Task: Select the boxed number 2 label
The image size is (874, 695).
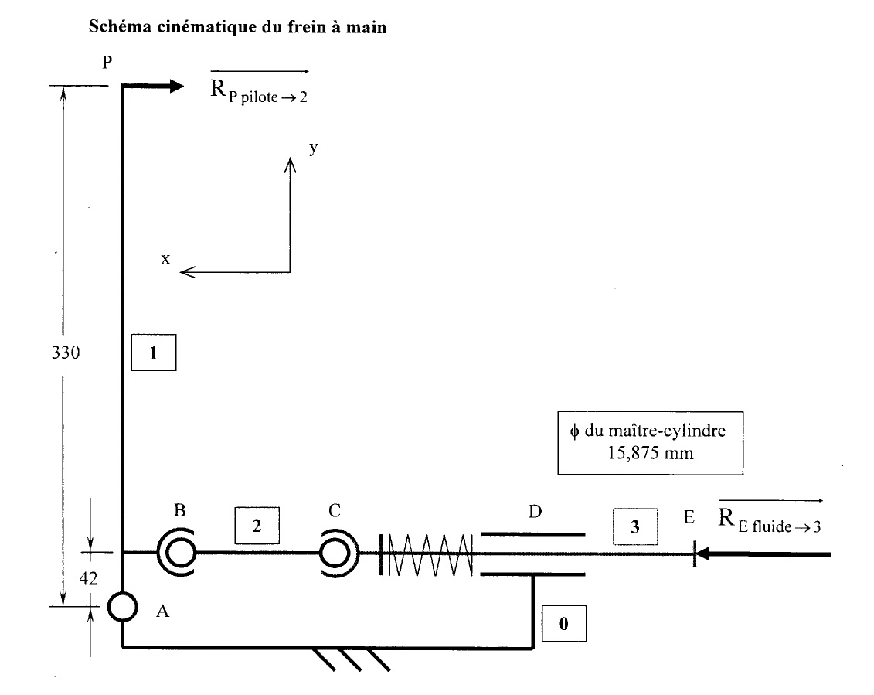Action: (x=256, y=525)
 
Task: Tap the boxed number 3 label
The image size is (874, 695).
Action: (x=634, y=527)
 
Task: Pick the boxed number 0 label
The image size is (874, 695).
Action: (x=563, y=624)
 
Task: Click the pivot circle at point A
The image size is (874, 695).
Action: (x=122, y=606)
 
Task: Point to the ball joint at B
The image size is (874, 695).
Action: (x=179, y=552)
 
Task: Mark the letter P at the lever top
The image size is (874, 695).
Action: (x=107, y=63)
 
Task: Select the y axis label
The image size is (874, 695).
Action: (x=313, y=148)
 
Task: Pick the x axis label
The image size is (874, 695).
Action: (x=165, y=259)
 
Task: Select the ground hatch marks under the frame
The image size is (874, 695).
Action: (x=352, y=659)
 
